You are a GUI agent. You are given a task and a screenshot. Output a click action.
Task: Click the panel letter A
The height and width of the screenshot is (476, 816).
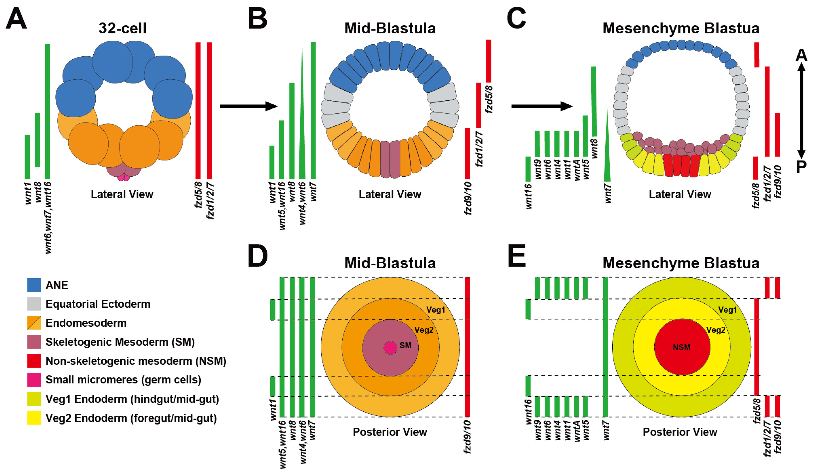(16, 19)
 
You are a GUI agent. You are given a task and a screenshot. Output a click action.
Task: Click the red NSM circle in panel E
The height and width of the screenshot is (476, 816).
(682, 347)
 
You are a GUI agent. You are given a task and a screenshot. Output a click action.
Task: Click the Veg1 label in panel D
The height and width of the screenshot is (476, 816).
(436, 310)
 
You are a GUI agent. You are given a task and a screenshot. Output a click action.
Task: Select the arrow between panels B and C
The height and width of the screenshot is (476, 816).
(541, 106)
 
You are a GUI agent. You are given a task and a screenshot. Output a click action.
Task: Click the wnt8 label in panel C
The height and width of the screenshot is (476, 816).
(594, 149)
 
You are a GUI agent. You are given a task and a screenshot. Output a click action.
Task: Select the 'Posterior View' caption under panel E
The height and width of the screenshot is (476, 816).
(680, 432)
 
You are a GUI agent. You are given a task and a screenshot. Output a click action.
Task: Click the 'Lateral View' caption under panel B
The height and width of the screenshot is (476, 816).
(390, 194)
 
